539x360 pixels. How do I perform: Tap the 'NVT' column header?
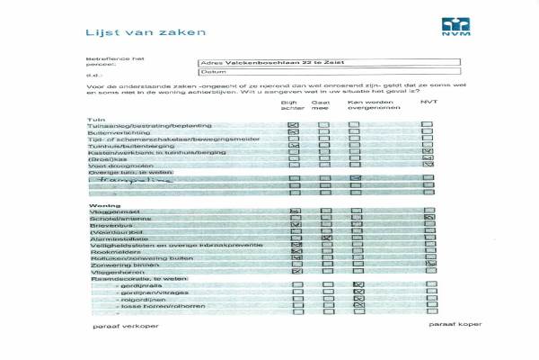pos(429,103)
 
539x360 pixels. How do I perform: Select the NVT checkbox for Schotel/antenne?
pos(429,219)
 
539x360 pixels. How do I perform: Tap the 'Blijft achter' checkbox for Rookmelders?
pos(296,251)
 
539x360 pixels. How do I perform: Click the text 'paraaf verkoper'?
pos(119,325)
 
